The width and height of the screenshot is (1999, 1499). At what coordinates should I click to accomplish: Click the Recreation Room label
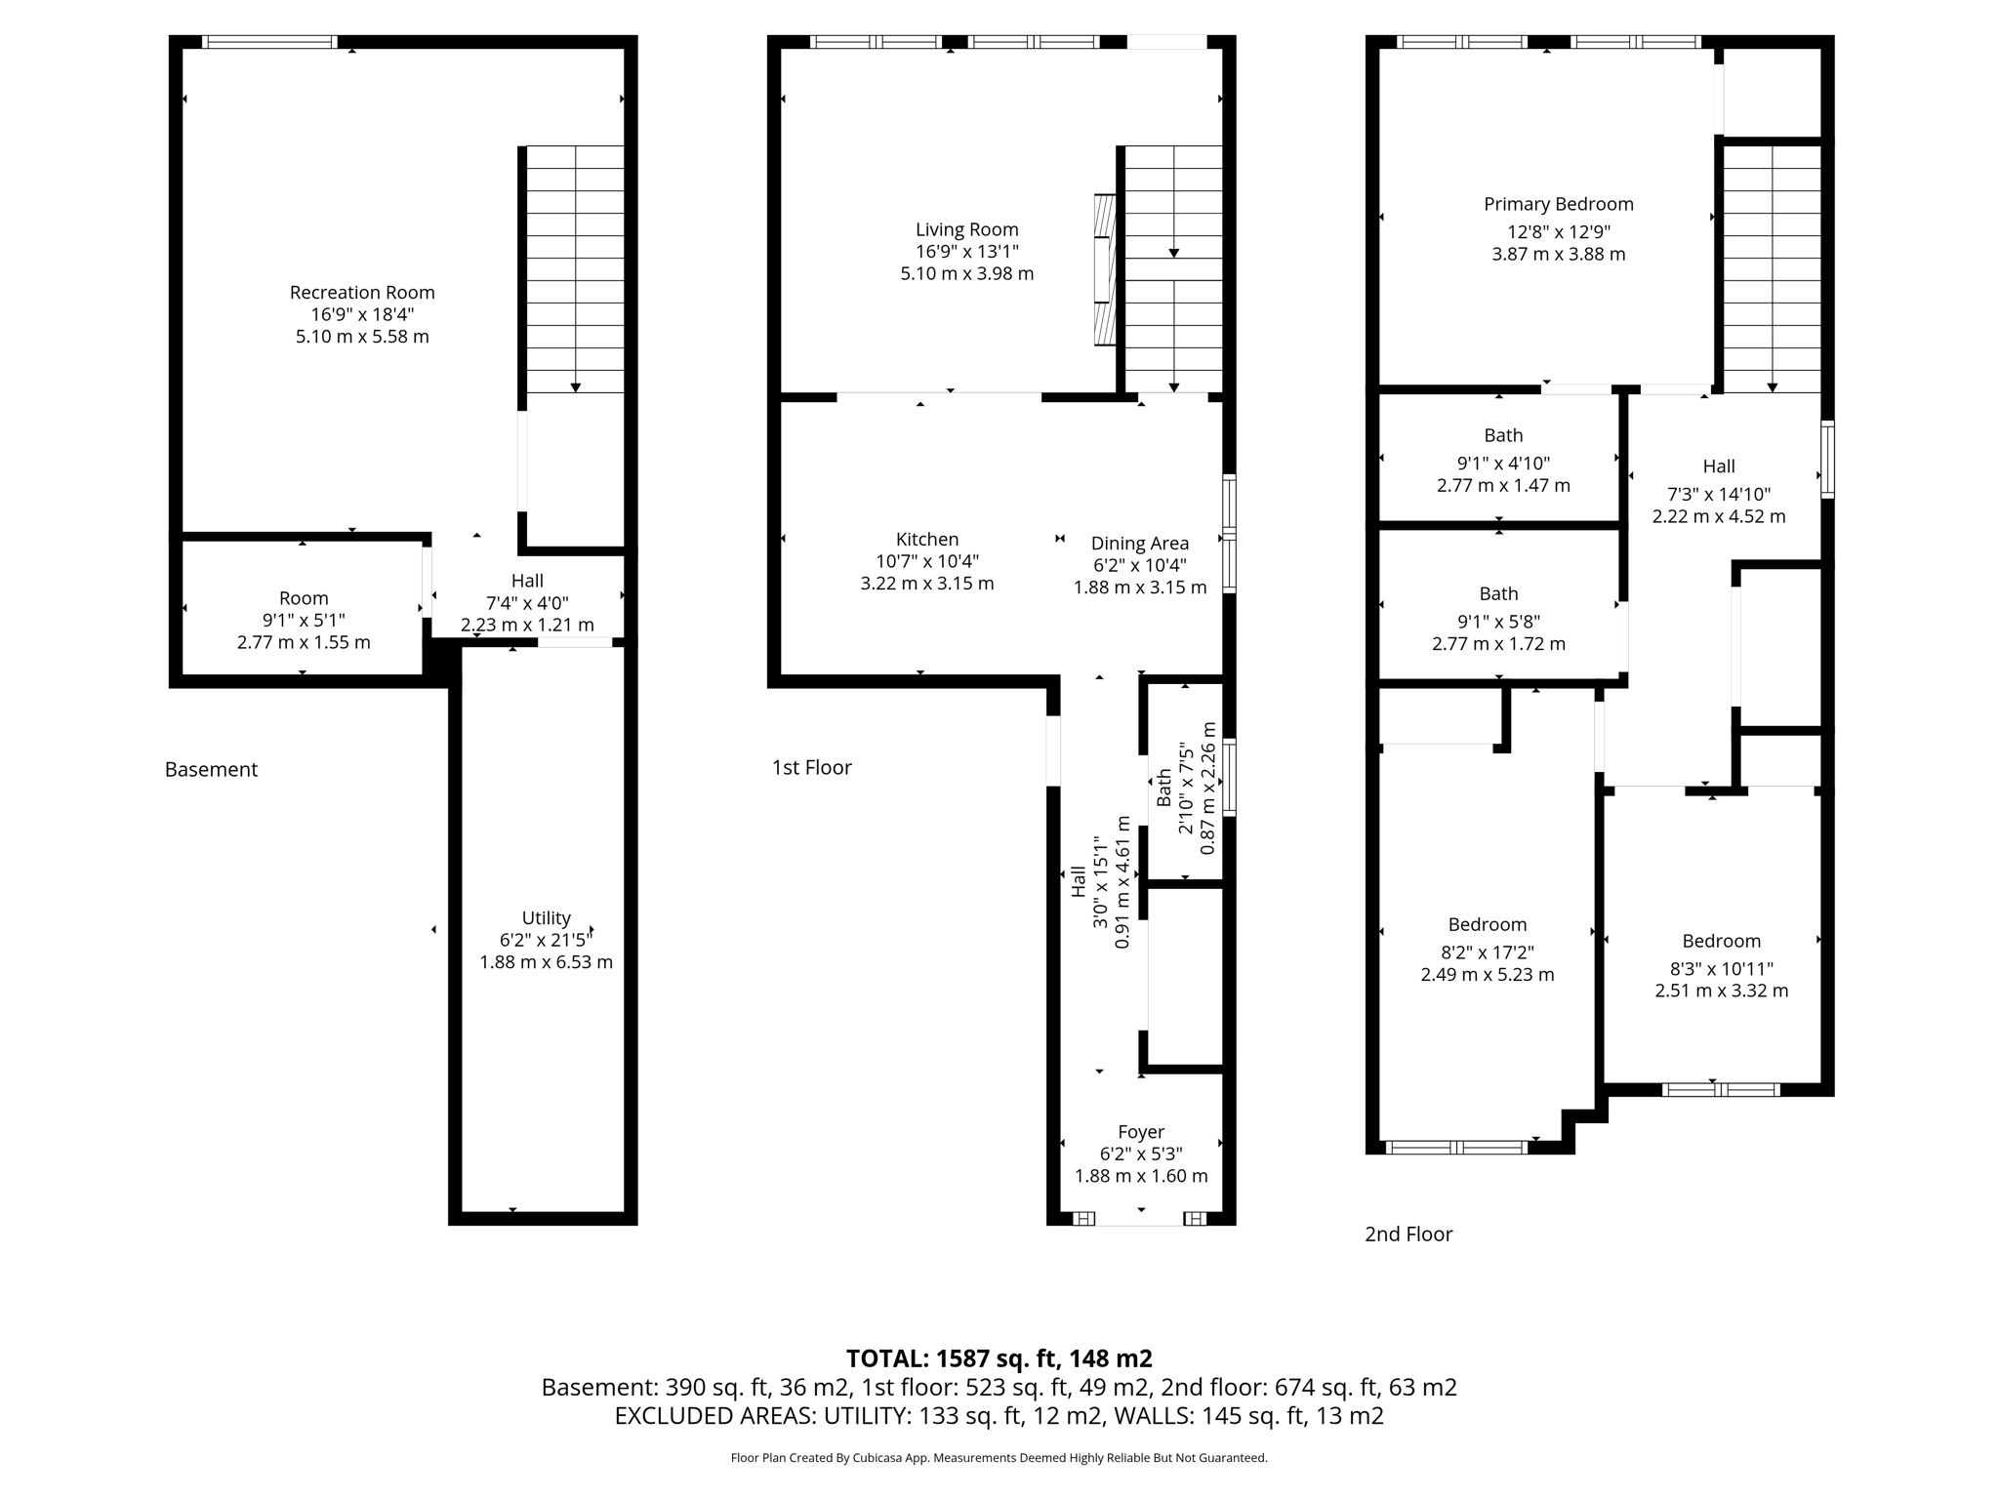click(362, 292)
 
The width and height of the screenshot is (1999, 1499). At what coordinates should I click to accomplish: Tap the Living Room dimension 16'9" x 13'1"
click(966, 252)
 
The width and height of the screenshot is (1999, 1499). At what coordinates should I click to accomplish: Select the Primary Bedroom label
click(1558, 204)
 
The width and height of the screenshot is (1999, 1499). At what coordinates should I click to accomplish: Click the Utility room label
click(546, 917)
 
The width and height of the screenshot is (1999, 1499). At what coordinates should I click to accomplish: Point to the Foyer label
click(1140, 1131)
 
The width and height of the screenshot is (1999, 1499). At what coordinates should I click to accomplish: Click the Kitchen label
click(926, 539)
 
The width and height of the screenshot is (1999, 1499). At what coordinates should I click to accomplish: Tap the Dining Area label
click(1139, 544)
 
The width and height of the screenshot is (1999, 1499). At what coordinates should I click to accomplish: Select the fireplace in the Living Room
click(1104, 269)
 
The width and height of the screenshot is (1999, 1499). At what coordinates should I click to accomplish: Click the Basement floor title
click(211, 769)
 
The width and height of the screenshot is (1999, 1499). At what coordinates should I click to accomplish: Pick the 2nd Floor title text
click(1407, 1234)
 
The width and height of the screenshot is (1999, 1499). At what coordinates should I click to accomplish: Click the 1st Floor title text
click(811, 767)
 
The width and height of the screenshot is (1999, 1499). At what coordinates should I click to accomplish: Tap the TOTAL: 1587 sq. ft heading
click(999, 1357)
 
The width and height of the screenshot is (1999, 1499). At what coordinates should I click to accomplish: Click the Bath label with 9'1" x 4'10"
click(1503, 435)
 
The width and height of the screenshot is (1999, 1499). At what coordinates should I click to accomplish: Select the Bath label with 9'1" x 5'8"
click(1498, 593)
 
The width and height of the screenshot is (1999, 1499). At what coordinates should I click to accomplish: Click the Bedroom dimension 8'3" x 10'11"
click(1721, 969)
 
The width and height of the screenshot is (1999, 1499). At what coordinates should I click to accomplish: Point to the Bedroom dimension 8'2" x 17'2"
click(1487, 952)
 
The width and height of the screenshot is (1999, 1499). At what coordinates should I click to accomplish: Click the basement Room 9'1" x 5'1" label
click(304, 598)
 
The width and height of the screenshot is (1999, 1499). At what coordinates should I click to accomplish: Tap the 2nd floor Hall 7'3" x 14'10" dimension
click(1718, 494)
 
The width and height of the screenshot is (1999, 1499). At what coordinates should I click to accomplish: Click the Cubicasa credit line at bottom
click(999, 1458)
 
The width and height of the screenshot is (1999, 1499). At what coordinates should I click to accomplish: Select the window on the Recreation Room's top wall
click(269, 42)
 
